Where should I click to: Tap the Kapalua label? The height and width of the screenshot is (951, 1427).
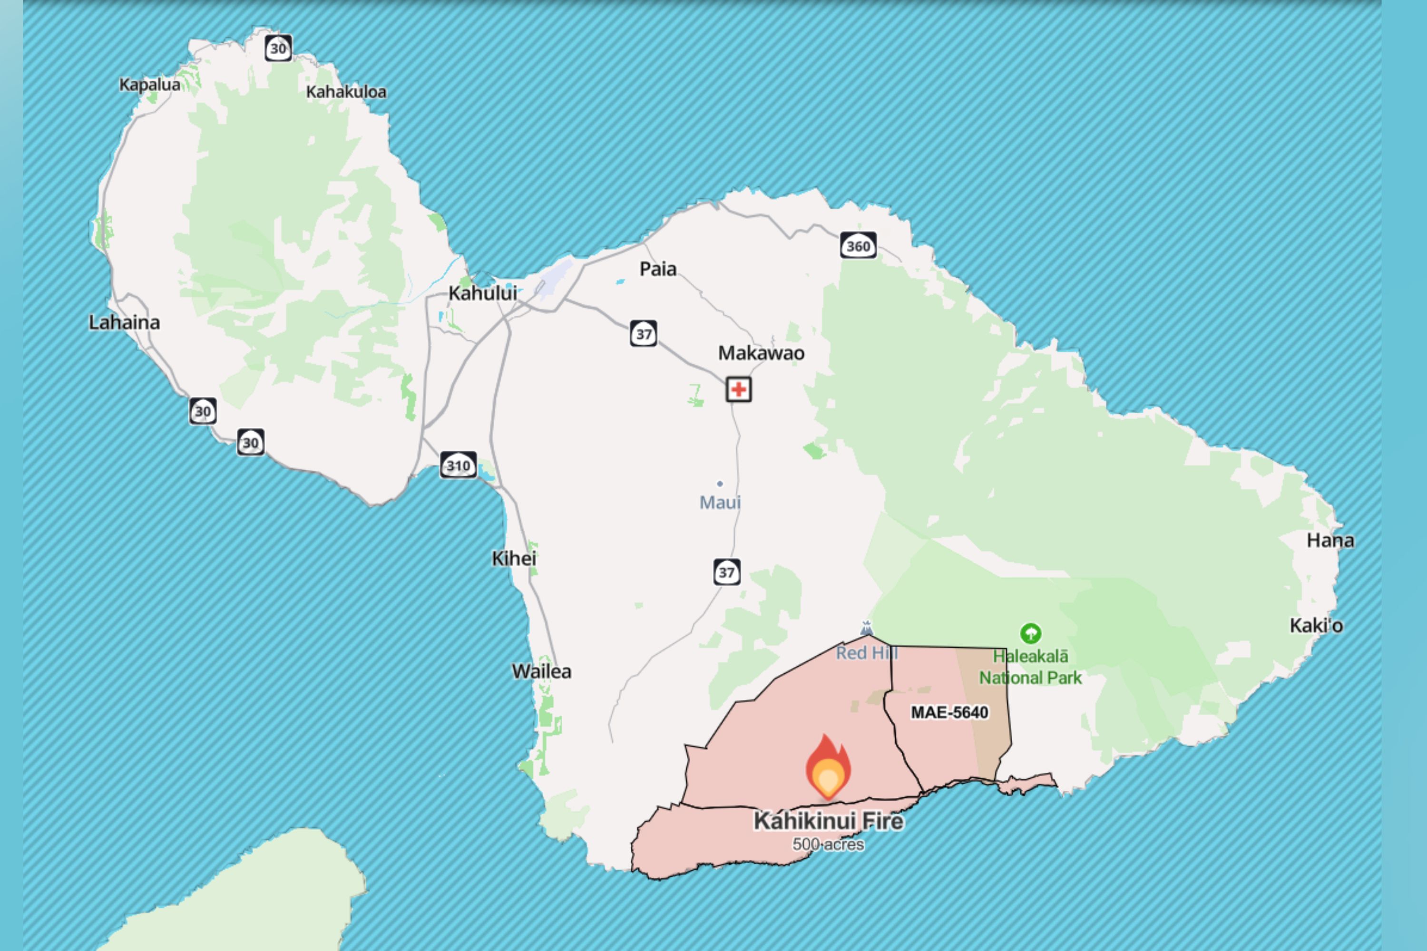149,84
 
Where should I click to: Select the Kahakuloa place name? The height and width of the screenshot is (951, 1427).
346,92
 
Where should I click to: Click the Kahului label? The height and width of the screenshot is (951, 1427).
482,293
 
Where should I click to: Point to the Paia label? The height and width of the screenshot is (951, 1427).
658,269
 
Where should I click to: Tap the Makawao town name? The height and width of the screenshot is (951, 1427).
761,353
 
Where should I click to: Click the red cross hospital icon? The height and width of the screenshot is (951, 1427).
738,389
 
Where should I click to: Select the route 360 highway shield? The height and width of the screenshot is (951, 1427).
858,246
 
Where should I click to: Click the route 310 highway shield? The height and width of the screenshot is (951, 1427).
458,465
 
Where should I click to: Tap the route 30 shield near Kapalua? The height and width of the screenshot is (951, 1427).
278,49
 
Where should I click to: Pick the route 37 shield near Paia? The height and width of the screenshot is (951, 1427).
643,334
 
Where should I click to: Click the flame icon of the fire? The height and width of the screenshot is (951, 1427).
828,767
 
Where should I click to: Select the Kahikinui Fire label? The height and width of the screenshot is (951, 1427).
828,821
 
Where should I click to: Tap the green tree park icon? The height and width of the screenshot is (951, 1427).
1030,633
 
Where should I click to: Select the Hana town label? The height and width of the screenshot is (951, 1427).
1330,540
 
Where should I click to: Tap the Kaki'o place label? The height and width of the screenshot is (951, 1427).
1316,625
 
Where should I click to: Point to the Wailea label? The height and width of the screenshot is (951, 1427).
541,671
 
